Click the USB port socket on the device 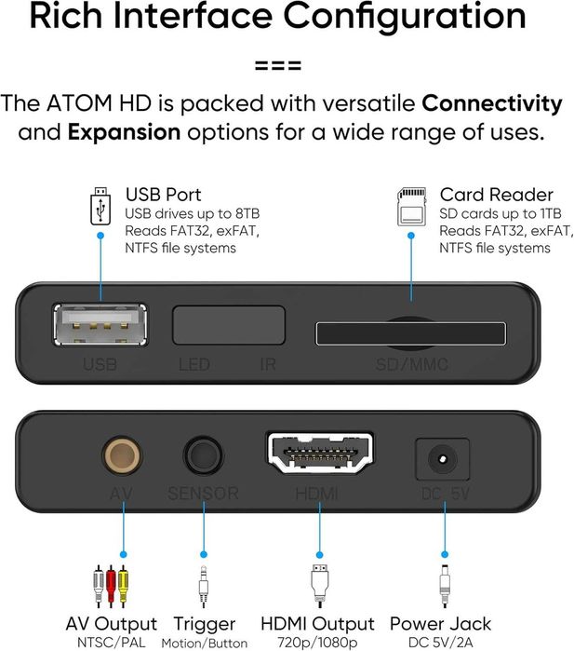coord(100,325)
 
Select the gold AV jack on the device coord(122,455)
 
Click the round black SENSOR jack coord(202,456)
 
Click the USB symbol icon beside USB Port coord(100,208)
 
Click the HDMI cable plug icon coord(318,585)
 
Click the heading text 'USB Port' coord(163,196)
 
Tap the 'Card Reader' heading coord(483,196)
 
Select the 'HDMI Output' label coord(317,624)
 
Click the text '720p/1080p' coord(317,643)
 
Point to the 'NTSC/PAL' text coord(111,643)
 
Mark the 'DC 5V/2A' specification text coord(440,643)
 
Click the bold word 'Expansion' coord(125,131)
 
